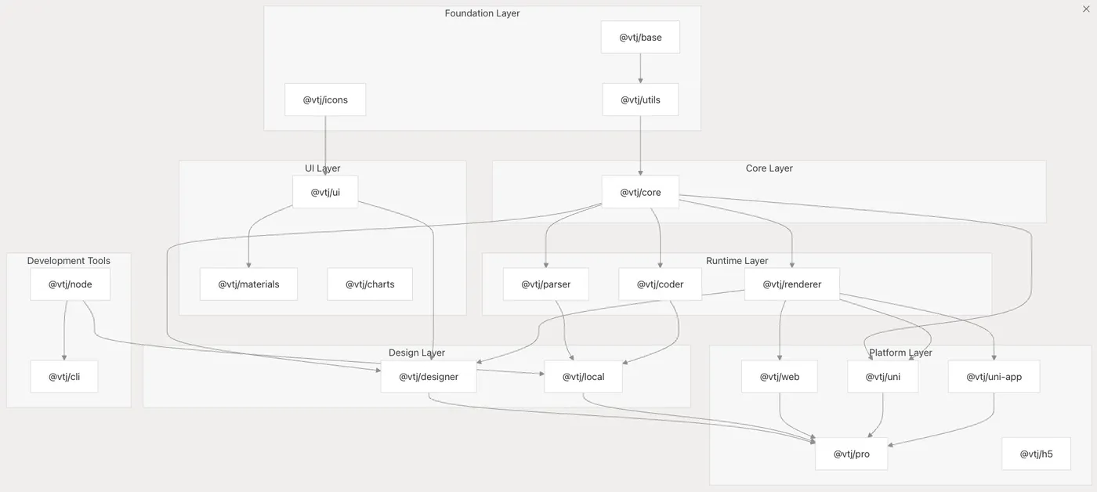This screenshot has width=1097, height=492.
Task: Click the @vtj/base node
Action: tap(640, 38)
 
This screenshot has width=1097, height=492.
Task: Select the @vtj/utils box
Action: tap(640, 99)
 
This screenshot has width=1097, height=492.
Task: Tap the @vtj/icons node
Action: tap(325, 99)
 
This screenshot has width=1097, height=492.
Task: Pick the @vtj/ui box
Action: tap(325, 192)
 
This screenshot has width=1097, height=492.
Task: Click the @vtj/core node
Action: tap(640, 192)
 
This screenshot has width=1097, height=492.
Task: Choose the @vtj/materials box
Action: tap(248, 284)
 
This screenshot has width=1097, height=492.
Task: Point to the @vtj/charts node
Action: tap(370, 284)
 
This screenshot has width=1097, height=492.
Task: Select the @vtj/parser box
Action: tap(546, 284)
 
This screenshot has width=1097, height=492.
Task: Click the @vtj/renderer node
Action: tap(791, 284)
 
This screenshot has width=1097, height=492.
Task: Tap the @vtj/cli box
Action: tap(64, 377)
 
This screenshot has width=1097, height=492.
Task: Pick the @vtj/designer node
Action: tap(429, 377)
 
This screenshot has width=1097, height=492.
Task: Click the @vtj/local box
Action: tap(584, 377)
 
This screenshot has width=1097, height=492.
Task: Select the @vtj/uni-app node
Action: tap(994, 377)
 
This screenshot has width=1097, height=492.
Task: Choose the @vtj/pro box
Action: tap(851, 454)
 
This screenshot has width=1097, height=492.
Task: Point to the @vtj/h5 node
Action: tap(1036, 454)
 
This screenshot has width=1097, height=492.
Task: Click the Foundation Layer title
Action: tap(482, 13)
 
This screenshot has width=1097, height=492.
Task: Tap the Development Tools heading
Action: tap(69, 261)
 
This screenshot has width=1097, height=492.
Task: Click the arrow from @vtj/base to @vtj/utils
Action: tap(640, 69)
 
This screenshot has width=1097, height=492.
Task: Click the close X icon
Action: tap(1086, 9)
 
